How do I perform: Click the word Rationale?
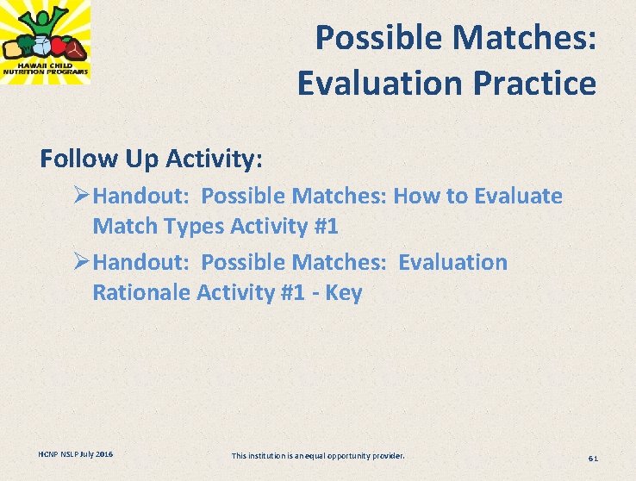coord(141,292)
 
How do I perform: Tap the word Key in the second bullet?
coord(344,292)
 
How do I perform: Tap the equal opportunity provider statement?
coord(318,455)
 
